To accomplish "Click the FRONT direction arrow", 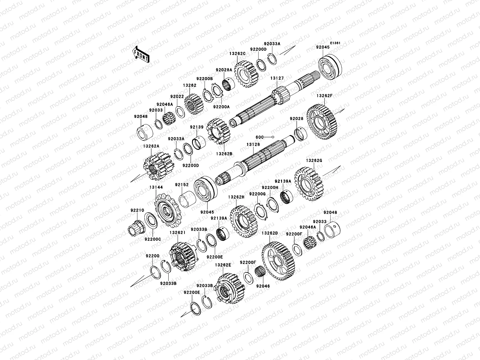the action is point(141,55).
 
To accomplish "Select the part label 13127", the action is point(277,78).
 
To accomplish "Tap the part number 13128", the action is point(253,145).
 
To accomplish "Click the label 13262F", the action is point(325,96).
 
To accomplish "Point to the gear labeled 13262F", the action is point(322,122).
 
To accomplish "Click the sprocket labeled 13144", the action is point(168,211).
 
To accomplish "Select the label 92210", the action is point(137,210).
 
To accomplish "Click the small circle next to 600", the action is point(273,137).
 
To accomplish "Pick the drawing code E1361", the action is point(335,43).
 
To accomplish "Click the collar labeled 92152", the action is point(187,199).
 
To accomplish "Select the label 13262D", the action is point(270,233).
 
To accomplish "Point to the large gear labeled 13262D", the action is point(278,261).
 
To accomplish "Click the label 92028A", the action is point(224,70).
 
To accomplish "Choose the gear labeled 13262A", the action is point(159,166).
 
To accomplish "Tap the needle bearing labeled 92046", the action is point(260,272).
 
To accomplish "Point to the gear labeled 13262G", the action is point(309,184).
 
